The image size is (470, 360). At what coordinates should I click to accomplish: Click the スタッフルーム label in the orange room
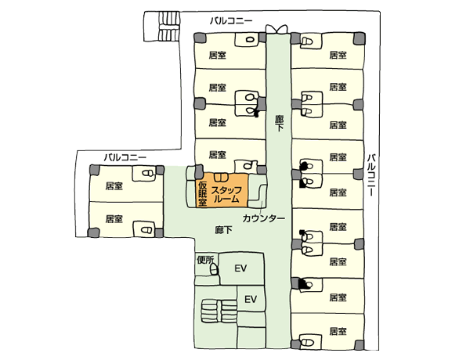(x=226, y=195)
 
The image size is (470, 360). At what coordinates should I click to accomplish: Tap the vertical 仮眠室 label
(x=202, y=194)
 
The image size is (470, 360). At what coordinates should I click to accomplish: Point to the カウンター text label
(x=263, y=218)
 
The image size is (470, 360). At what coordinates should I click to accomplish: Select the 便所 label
(x=205, y=260)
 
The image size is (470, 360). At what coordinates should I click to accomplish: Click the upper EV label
(x=240, y=268)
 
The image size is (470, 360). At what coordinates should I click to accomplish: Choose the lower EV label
(x=251, y=299)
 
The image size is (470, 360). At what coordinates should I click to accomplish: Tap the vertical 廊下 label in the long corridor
(x=279, y=123)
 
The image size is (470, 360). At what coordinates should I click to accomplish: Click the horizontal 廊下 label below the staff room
(x=223, y=230)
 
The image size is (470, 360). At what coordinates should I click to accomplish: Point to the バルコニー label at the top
(x=231, y=21)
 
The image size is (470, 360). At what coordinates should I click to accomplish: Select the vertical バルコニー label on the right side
(x=371, y=175)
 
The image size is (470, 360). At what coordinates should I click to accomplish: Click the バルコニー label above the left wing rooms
(x=125, y=157)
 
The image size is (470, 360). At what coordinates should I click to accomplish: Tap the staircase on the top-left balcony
(x=168, y=26)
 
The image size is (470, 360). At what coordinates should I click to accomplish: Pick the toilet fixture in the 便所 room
(x=214, y=269)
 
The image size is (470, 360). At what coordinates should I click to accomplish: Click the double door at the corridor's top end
(x=277, y=30)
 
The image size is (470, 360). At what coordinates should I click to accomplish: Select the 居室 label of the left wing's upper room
(x=114, y=186)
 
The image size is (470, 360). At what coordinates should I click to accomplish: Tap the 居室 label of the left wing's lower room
(x=114, y=219)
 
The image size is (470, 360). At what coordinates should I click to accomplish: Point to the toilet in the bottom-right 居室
(x=306, y=342)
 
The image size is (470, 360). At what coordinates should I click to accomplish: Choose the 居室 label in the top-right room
(x=338, y=55)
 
